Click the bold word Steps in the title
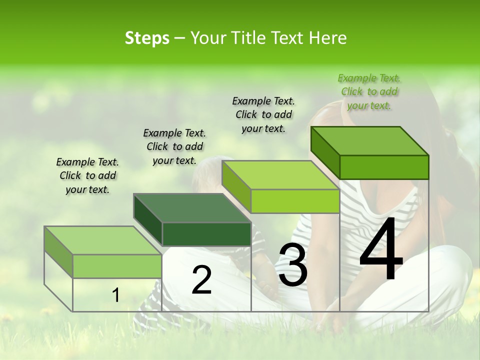click(x=147, y=38)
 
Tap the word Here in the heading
click(x=328, y=38)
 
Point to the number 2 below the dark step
click(x=201, y=280)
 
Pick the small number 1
click(x=115, y=295)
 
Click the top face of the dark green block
click(x=192, y=207)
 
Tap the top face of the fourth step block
click(x=369, y=140)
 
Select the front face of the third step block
click(x=295, y=201)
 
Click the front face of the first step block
click(x=117, y=266)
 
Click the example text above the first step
click(x=87, y=175)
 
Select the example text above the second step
click(x=174, y=146)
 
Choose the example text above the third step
click(x=263, y=114)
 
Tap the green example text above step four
click(x=369, y=91)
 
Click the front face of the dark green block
click(x=206, y=234)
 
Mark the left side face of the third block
click(x=236, y=185)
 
